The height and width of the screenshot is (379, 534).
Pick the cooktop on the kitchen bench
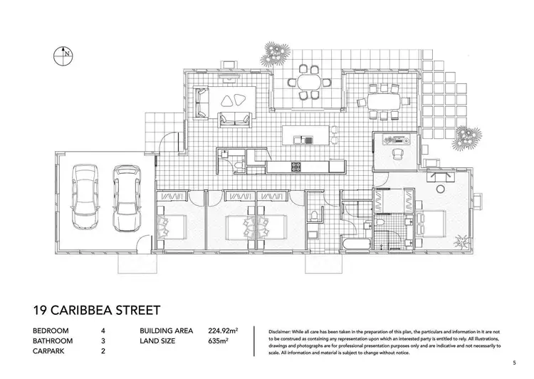point(295,167)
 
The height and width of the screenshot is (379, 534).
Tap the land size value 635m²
point(218,341)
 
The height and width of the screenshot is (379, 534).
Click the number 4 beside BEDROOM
point(104,331)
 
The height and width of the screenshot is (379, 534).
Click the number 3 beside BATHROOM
point(104,341)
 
